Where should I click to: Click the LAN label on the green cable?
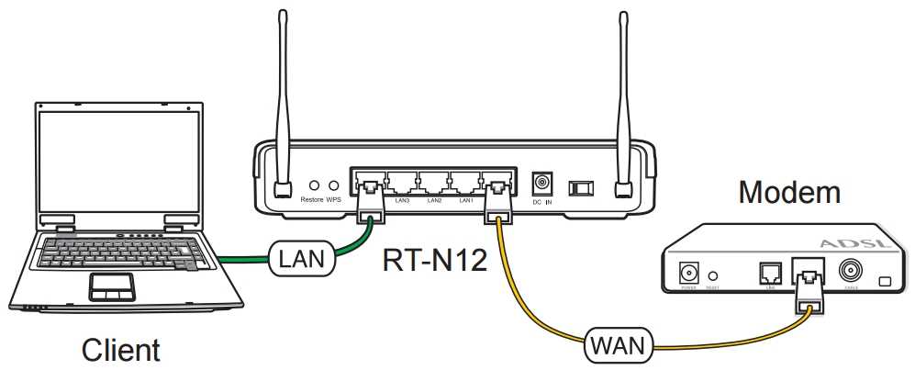click(x=303, y=260)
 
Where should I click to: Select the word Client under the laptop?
click(x=120, y=350)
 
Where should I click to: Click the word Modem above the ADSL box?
click(x=789, y=193)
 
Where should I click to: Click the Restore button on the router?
click(x=315, y=186)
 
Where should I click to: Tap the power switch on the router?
click(x=581, y=186)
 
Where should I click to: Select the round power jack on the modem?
click(x=687, y=273)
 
